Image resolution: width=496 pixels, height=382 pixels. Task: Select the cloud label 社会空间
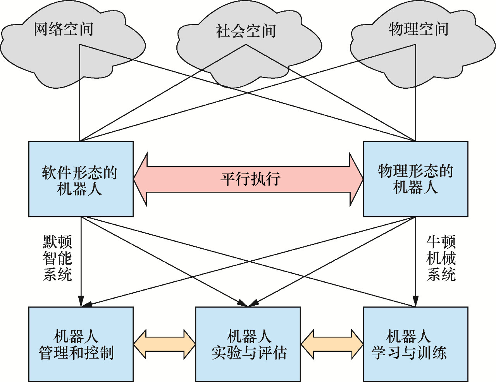[x=246, y=31]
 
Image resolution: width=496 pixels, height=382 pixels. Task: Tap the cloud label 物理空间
[x=418, y=29]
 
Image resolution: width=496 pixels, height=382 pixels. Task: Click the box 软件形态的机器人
[x=81, y=179]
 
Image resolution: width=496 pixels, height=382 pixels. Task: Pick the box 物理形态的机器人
[x=415, y=179]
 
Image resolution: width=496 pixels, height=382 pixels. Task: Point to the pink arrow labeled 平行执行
[x=248, y=179]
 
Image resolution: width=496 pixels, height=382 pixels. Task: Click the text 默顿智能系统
[x=57, y=258]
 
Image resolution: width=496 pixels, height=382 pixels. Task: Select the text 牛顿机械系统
[x=441, y=258]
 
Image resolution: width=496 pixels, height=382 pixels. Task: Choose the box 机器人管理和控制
[x=81, y=344]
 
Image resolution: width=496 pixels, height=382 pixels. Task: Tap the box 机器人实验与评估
[x=248, y=344]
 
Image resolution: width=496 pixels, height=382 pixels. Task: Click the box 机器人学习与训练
[x=415, y=344]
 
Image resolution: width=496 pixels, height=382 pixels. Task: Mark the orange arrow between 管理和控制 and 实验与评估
[x=164, y=344]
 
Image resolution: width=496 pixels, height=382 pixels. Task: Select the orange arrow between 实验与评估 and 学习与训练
[x=332, y=344]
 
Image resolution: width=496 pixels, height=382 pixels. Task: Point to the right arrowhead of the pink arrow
[x=356, y=179]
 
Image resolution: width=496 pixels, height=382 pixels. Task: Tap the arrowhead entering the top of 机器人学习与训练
[x=415, y=301]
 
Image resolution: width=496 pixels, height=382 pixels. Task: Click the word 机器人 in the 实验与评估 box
[x=248, y=336]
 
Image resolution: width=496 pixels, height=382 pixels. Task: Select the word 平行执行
[x=250, y=179]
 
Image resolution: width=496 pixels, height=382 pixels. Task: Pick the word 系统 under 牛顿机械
[x=441, y=275]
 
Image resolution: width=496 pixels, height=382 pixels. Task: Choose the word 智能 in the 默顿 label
[x=57, y=258]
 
